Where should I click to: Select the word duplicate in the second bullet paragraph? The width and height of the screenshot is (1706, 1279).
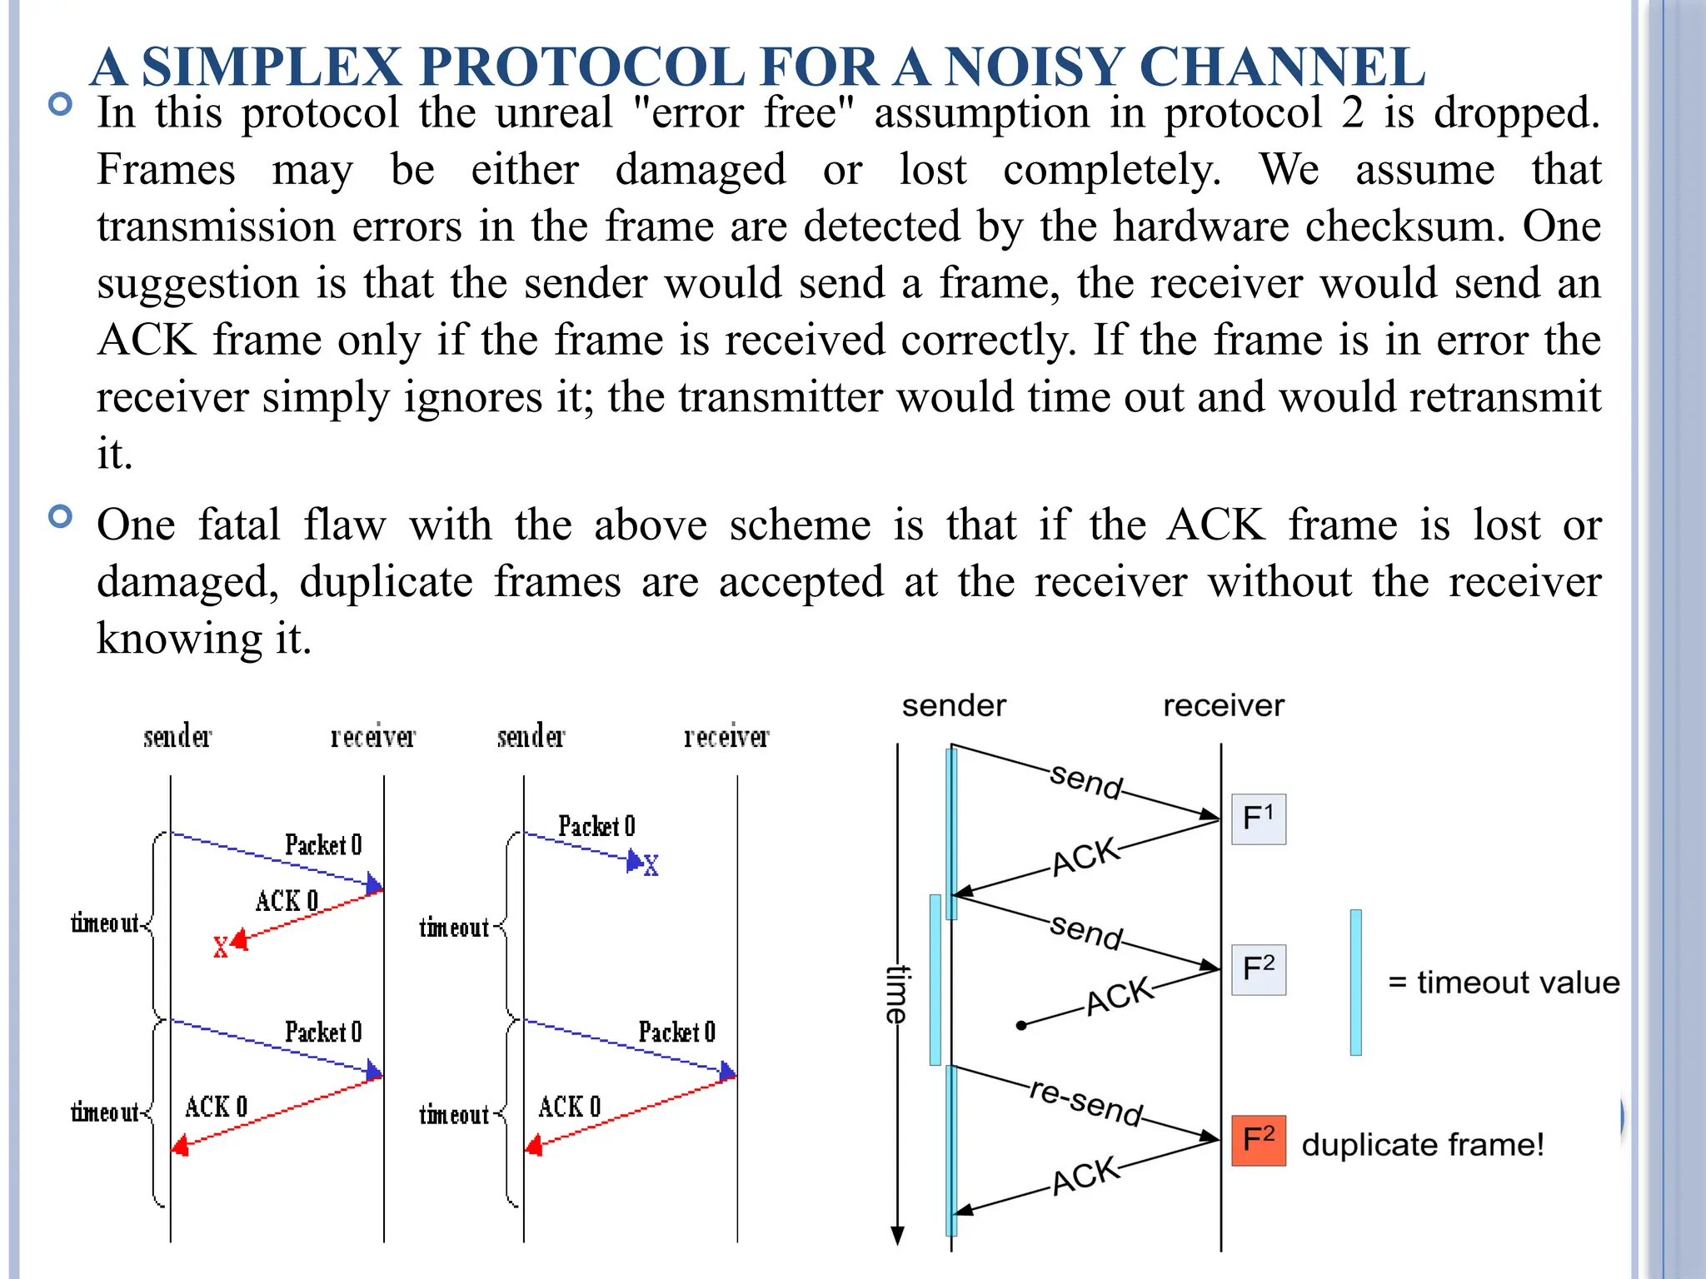pos(386,581)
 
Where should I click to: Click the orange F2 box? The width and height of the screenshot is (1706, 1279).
pos(1258,1140)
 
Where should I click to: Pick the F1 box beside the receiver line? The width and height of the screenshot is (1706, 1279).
pos(1258,819)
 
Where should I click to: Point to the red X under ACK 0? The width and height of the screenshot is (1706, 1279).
pos(221,948)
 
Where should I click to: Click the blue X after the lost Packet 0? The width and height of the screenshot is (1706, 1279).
pos(651,866)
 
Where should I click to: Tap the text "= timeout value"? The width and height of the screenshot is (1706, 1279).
pos(1504,983)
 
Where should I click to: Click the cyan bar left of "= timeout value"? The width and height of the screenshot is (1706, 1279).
pos(1356,983)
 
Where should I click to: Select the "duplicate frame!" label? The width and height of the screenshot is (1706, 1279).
pos(1423,1145)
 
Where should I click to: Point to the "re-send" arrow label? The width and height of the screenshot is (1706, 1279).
pos(1085,1102)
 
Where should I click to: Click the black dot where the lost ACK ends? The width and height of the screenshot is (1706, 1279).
pos(1021,1026)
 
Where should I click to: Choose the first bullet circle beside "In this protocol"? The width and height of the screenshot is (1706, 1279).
pos(61,105)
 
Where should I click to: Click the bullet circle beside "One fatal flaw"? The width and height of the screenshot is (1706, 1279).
pos(61,517)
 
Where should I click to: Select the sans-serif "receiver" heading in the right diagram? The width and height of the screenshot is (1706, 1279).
pos(1223,706)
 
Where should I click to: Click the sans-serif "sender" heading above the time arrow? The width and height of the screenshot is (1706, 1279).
pos(954,706)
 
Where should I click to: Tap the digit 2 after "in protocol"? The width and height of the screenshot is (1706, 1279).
pos(1352,113)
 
